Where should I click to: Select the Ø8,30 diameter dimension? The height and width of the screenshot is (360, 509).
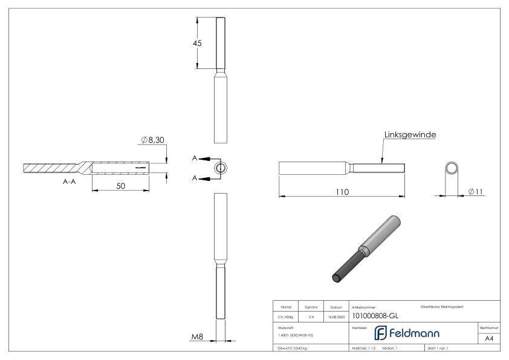click(153, 140)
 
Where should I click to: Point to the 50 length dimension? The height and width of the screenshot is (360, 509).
click(120, 186)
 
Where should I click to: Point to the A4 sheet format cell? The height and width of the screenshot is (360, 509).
click(490, 339)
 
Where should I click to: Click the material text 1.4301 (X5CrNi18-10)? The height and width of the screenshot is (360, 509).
click(296, 335)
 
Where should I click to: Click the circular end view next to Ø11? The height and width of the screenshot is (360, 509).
click(451, 168)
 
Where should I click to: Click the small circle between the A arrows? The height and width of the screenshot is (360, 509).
click(221, 168)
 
